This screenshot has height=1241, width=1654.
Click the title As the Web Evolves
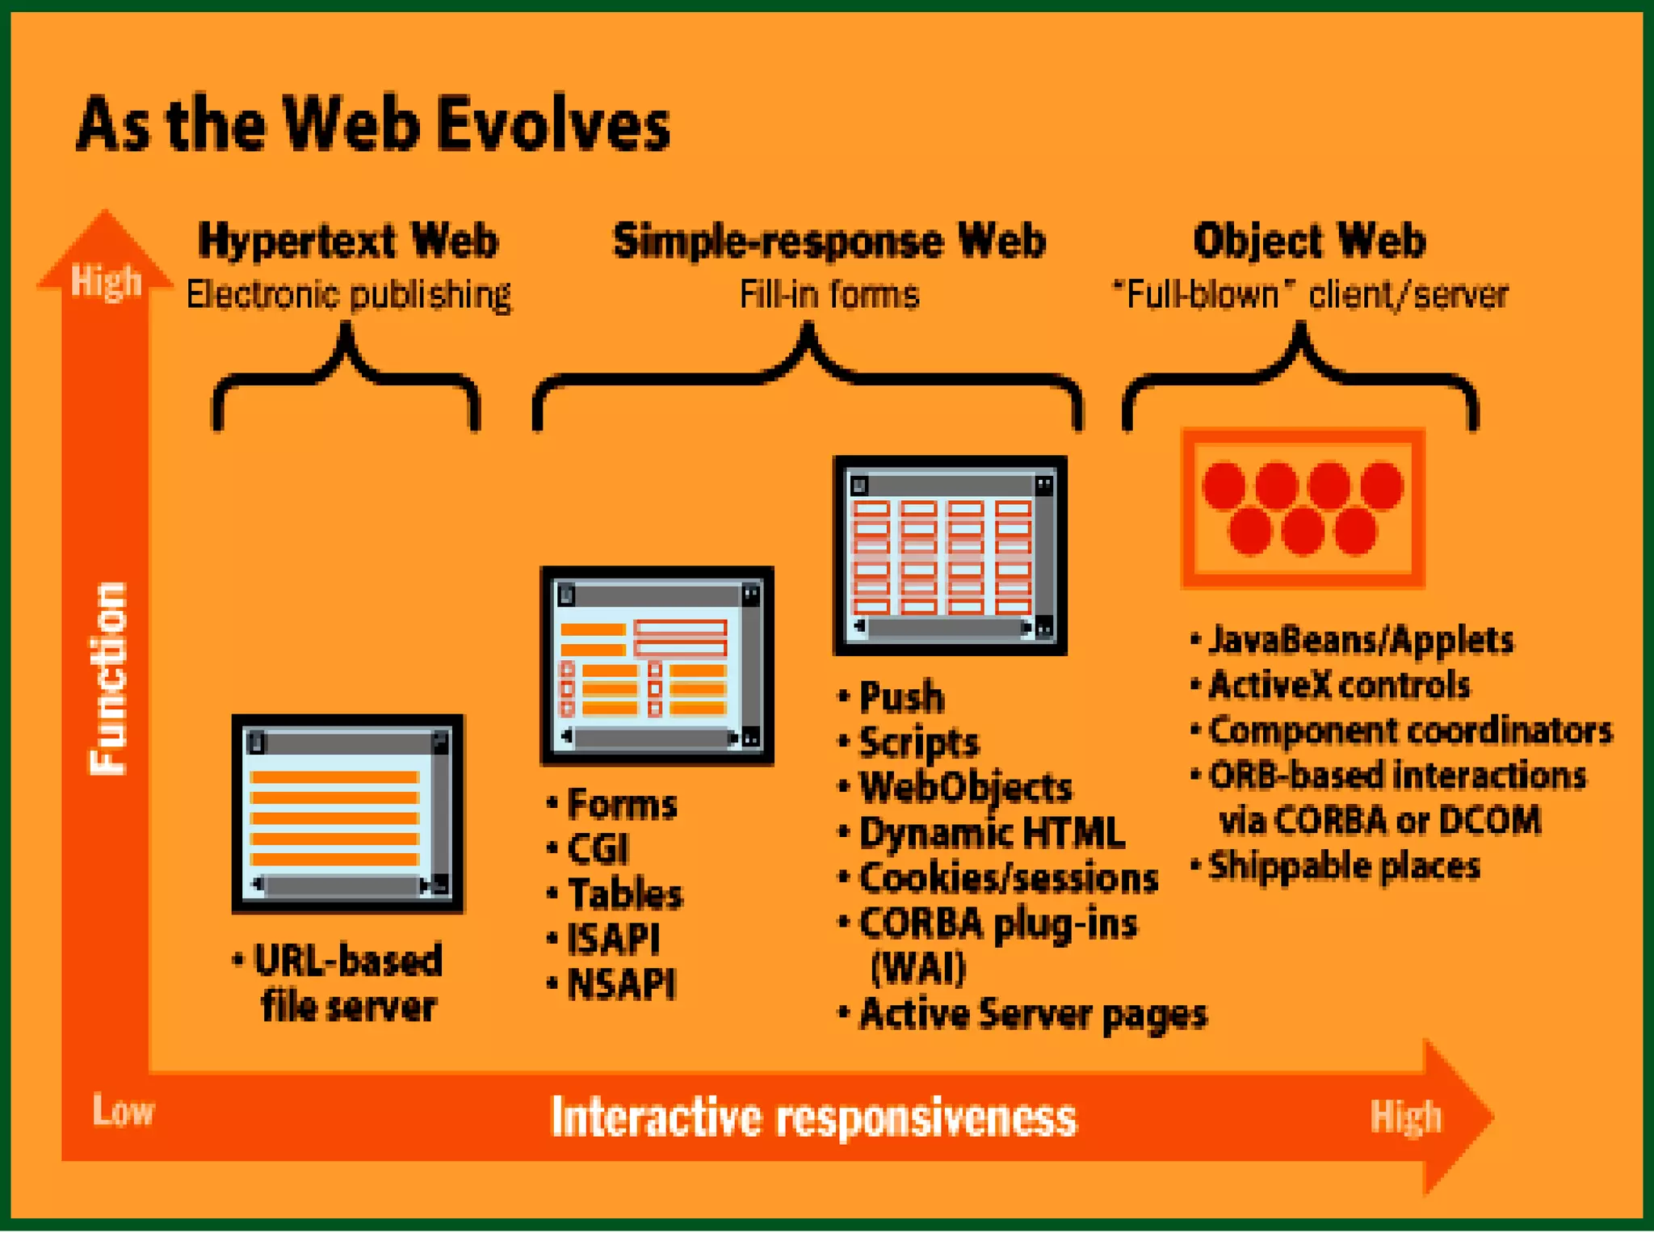tap(373, 124)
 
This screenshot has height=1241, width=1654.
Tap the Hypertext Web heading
tap(348, 241)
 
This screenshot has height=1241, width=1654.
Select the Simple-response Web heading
tap(829, 241)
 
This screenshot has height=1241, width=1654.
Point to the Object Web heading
tap(1309, 241)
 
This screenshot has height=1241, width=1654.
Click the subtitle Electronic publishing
tap(348, 295)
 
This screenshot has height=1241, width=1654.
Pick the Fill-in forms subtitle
tap(829, 295)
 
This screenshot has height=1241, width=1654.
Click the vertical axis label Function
tap(107, 679)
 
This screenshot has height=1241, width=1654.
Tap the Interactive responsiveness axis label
tap(813, 1117)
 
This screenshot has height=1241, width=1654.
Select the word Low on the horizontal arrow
tap(123, 1110)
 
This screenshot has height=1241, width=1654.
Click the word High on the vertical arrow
tap(106, 281)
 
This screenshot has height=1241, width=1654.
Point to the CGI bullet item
tap(598, 849)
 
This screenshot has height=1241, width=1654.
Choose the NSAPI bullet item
tap(621, 984)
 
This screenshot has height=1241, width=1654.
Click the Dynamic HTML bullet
tap(991, 833)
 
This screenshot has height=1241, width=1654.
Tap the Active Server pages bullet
tap(1033, 1014)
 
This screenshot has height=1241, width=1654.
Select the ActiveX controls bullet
tap(1339, 685)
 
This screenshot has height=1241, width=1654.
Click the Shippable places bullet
tap(1344, 866)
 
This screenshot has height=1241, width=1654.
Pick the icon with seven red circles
tap(1303, 507)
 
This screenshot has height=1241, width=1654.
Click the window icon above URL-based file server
tap(348, 814)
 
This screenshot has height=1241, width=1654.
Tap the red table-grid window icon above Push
tap(950, 556)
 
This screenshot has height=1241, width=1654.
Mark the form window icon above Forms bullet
tap(657, 666)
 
